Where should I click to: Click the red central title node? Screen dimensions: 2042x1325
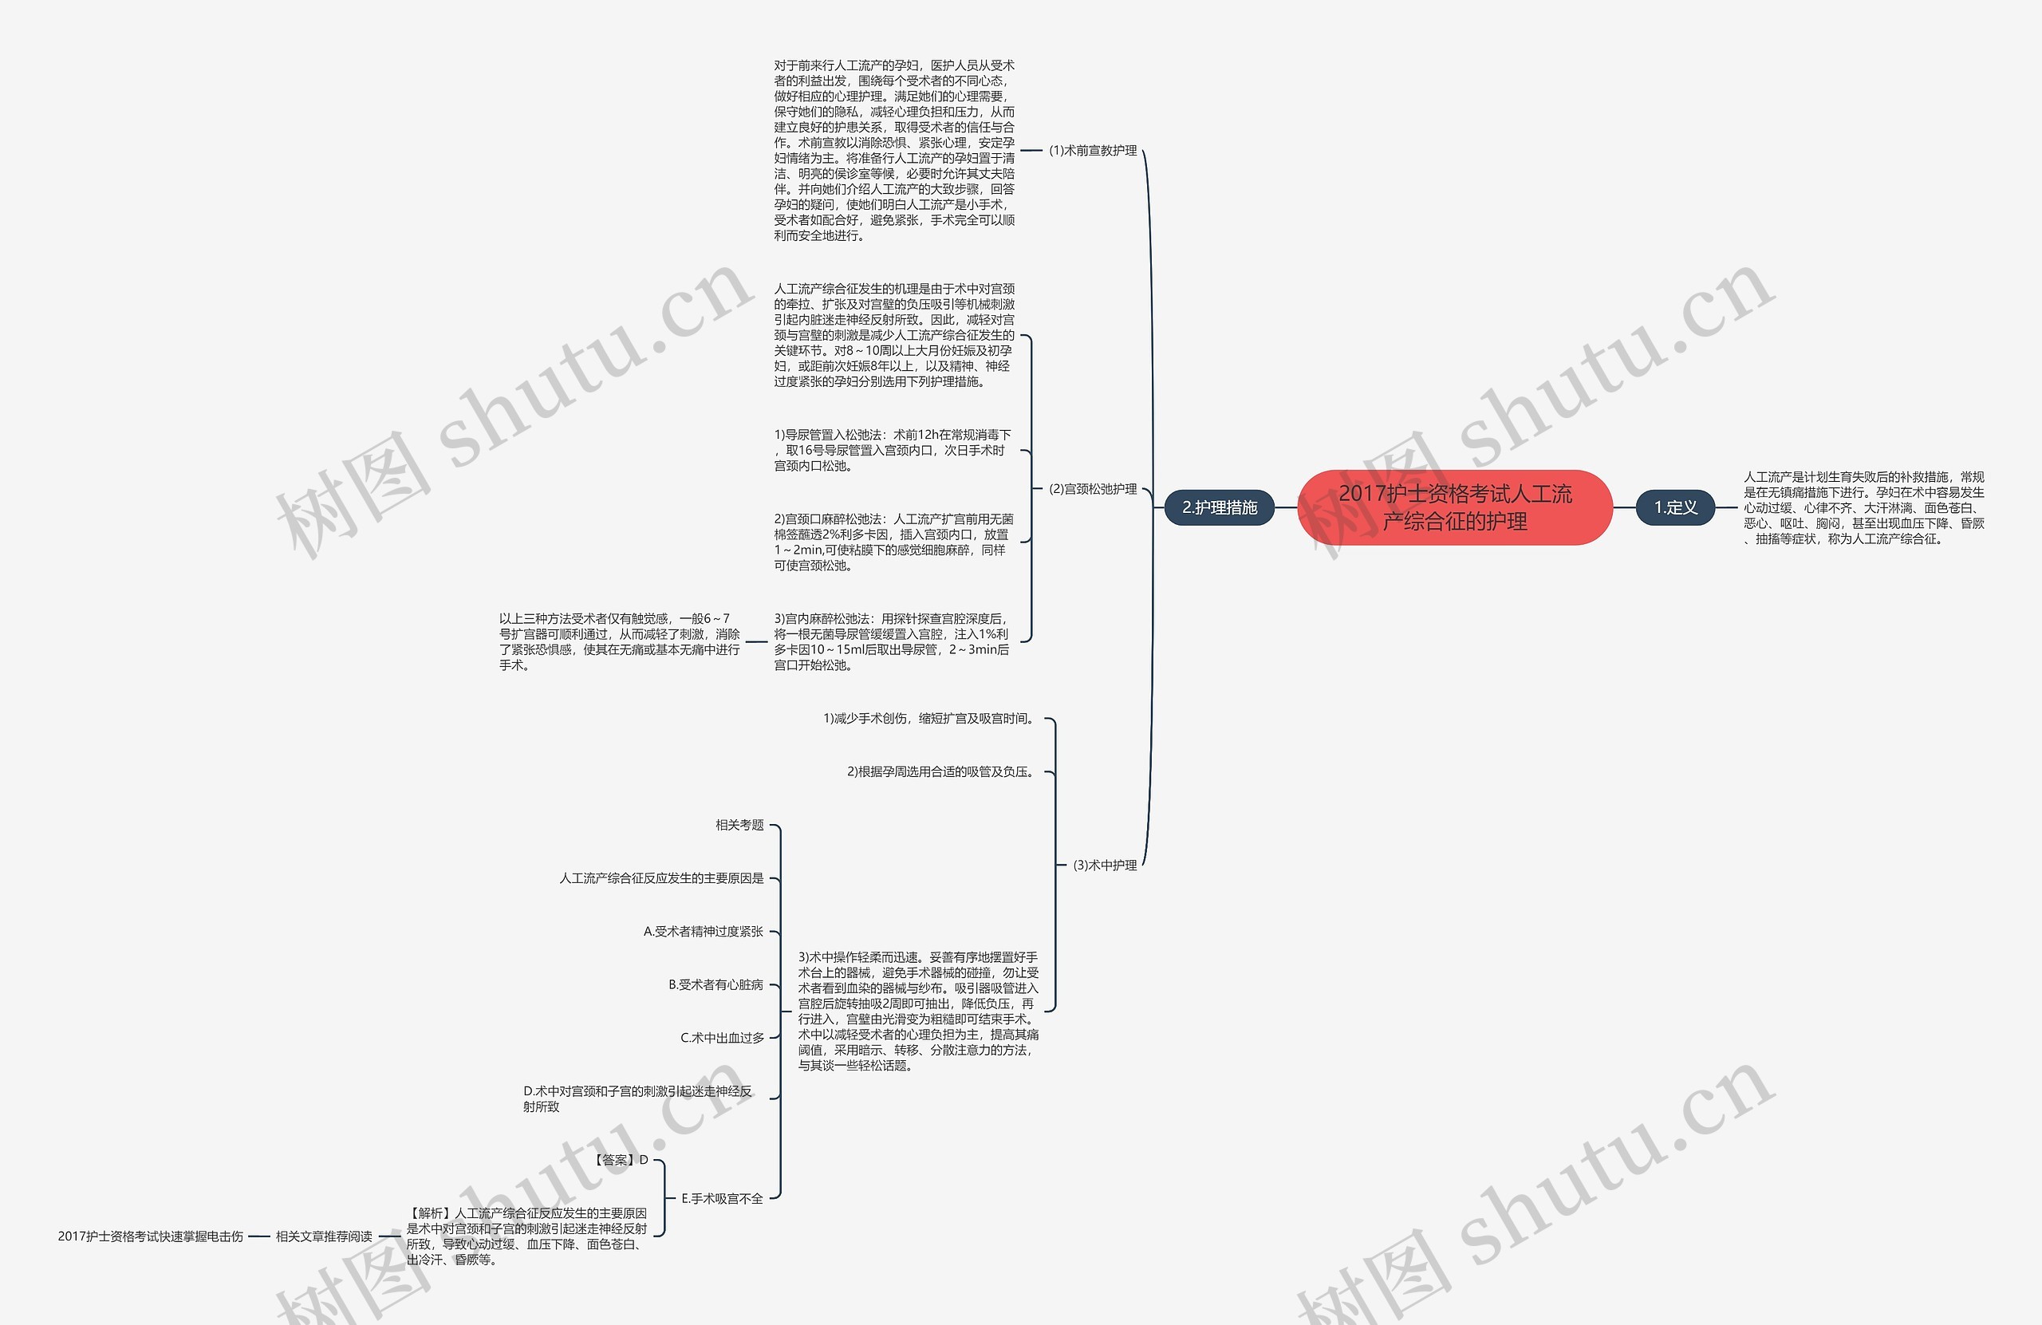point(1454,507)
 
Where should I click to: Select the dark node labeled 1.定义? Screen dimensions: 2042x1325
point(1675,507)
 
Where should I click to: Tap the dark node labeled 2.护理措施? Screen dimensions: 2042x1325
point(1219,507)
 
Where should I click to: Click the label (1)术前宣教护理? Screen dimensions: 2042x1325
point(1092,150)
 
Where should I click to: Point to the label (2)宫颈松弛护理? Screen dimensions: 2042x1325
point(1092,489)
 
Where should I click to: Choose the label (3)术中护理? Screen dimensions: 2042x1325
point(1104,865)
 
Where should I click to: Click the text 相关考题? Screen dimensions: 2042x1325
point(739,825)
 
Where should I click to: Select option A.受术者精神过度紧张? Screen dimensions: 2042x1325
point(703,931)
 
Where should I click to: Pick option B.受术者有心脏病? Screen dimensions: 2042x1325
point(715,984)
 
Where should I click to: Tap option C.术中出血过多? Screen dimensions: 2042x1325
point(722,1038)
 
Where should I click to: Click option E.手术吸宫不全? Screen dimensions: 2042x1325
point(722,1198)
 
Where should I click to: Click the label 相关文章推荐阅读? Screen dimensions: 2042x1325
point(324,1236)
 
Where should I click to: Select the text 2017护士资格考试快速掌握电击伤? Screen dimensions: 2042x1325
point(150,1236)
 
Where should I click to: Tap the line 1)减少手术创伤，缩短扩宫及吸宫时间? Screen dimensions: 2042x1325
point(928,718)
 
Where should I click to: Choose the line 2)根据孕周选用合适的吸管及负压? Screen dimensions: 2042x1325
point(940,771)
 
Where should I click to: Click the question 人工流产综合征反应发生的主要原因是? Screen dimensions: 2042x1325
point(660,878)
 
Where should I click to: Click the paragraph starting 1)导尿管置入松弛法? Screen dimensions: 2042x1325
point(893,451)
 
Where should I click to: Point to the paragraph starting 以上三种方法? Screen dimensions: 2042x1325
point(619,642)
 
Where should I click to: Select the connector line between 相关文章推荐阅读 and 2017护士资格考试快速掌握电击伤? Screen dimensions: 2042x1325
point(259,1236)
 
